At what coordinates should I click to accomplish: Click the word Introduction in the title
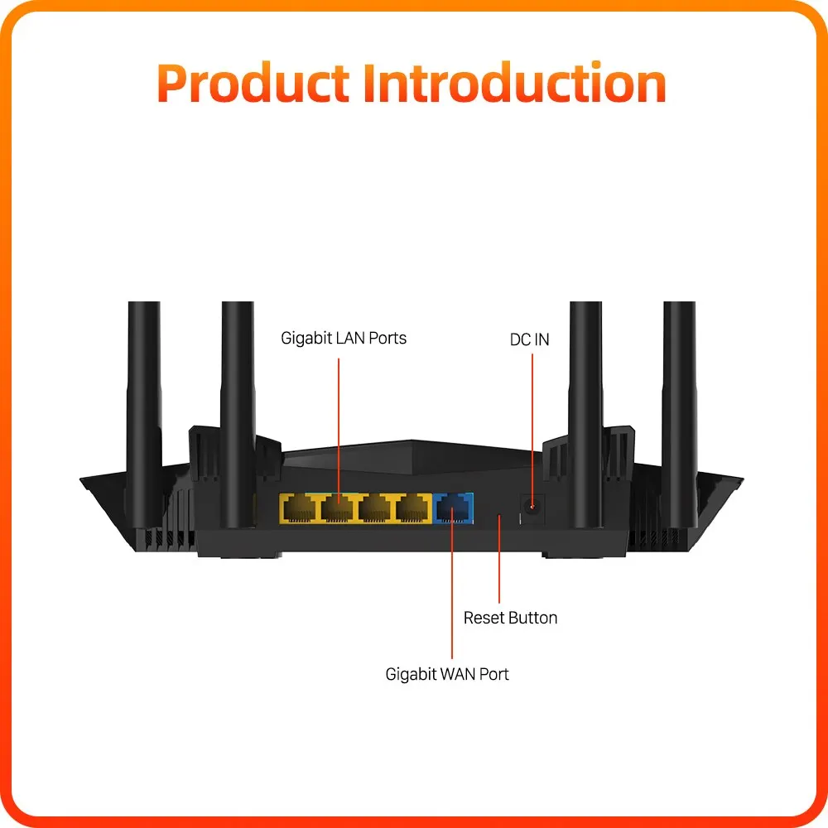515,84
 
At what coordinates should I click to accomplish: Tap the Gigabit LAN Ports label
344,338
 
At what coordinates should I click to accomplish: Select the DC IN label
529,339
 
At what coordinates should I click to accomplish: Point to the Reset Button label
510,618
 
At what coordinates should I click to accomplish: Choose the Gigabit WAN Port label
447,674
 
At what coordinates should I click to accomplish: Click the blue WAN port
453,508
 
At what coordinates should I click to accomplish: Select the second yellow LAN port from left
338,508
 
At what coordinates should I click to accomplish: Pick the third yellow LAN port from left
376,508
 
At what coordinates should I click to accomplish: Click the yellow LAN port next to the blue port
413,508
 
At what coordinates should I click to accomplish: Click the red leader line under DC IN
530,422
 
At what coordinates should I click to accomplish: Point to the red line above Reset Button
500,563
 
